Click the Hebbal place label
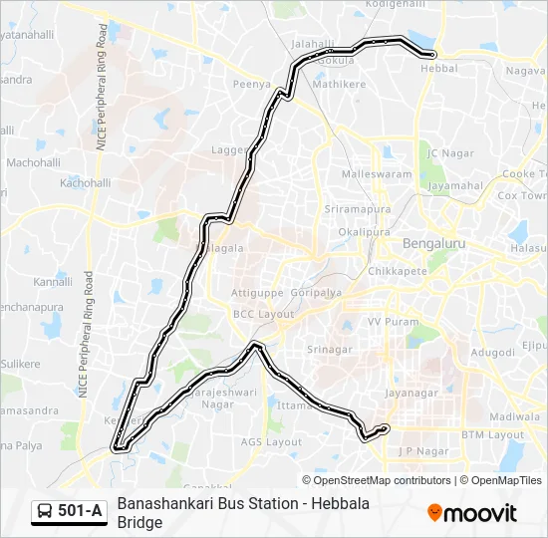(439, 69)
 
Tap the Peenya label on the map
(251, 86)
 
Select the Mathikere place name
(339, 85)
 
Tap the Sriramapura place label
(355, 208)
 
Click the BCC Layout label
(264, 314)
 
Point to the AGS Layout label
(269, 441)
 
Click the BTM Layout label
(492, 435)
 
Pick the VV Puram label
(388, 322)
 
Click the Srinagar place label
(329, 350)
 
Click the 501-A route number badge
(81, 511)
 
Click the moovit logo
(472, 513)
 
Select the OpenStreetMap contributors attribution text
(383, 480)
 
